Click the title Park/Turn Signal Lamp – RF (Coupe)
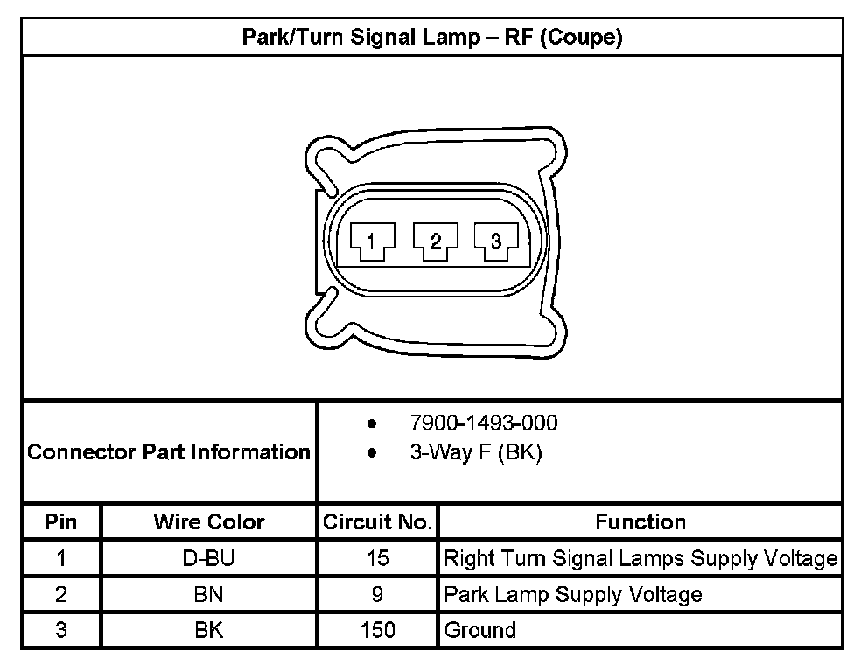pos(432,38)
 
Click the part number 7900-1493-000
pos(483,423)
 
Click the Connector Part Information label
pos(169,452)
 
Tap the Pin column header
pos(61,522)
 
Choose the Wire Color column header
pos(208,522)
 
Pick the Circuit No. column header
pos(377,522)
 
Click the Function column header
pos(640,522)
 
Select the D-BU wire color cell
pos(208,558)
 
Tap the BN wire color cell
pos(208,595)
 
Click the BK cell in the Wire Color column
pos(208,630)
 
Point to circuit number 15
pos(377,558)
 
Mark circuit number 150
pos(377,630)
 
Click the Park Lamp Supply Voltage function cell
pos(573,595)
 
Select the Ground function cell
pos(480,630)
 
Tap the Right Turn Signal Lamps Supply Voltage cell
pos(640,558)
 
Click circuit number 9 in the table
pos(377,595)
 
